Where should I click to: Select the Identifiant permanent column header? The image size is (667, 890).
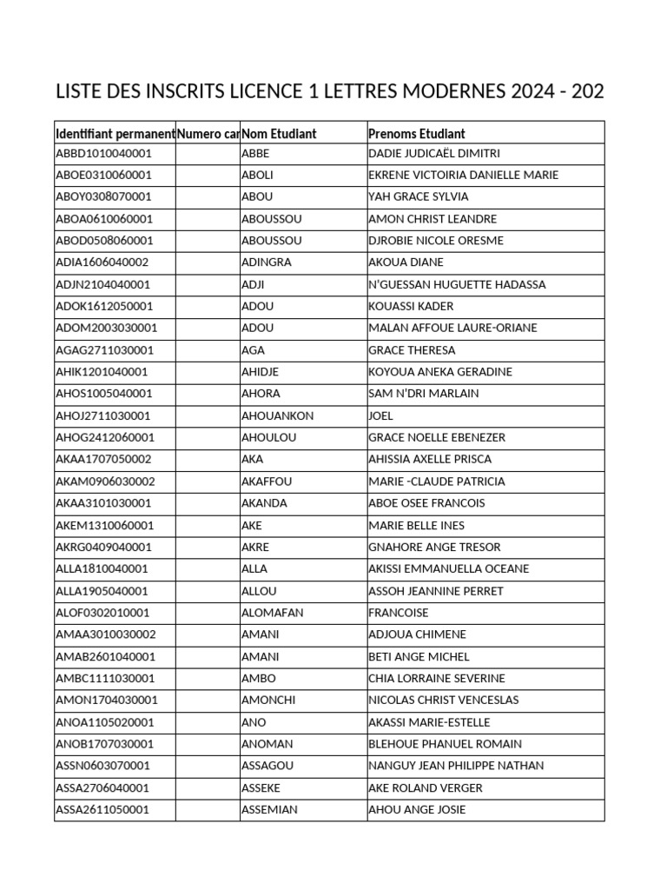(115, 133)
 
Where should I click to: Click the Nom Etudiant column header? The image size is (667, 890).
(279, 133)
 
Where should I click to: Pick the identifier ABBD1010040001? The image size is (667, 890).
(103, 153)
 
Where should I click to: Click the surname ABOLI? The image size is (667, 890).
(257, 175)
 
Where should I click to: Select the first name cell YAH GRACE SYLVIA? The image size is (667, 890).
(418, 196)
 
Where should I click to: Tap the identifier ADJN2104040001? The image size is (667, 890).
(103, 284)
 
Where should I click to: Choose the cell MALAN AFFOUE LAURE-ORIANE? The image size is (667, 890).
(452, 328)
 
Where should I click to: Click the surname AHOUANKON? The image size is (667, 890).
(277, 415)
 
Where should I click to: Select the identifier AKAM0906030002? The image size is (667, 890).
(105, 482)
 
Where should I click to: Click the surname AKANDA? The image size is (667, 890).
(264, 503)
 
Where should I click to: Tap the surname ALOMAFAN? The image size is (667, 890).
(272, 613)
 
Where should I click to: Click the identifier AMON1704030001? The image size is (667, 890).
(106, 700)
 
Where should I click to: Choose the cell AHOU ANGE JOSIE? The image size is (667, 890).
(417, 809)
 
